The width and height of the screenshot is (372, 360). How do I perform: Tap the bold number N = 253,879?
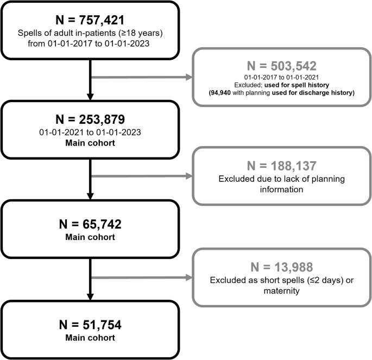coord(90,121)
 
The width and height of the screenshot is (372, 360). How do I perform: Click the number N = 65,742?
coord(90,223)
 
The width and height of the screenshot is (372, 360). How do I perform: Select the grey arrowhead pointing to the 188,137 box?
coord(188,176)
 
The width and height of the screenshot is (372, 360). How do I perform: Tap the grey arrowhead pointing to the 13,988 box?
coord(188,279)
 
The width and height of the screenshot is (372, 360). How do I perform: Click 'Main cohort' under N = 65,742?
coord(90,236)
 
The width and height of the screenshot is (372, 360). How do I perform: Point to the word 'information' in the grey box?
coord(281,188)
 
